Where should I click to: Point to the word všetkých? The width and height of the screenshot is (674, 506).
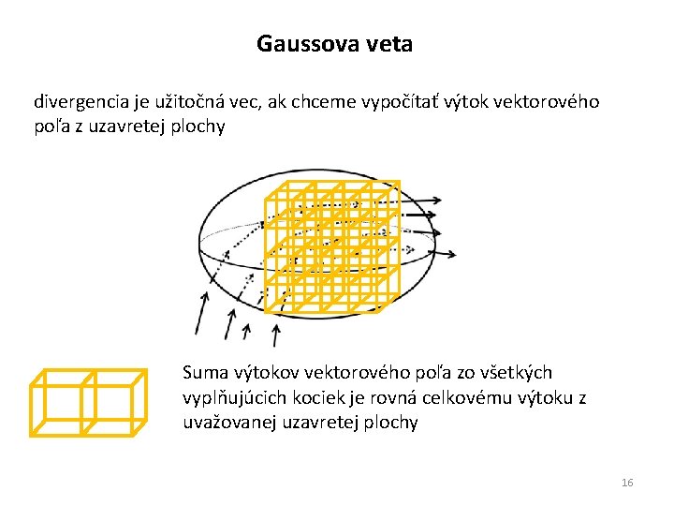point(518,373)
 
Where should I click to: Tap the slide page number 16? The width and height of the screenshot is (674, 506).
point(627,483)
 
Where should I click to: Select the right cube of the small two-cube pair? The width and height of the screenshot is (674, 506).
point(112,403)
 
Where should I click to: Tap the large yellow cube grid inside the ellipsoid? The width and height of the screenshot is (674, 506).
point(332,246)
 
